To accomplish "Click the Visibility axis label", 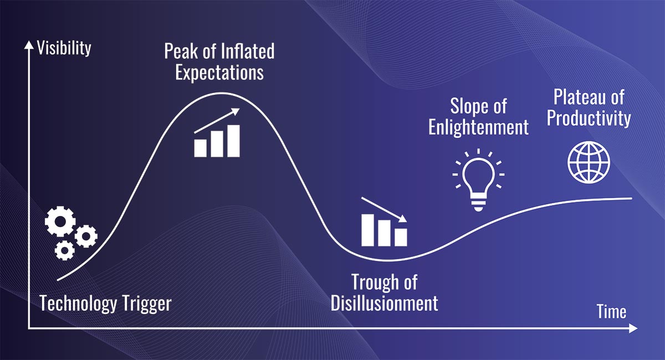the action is (x=64, y=49).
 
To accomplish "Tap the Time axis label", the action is (x=612, y=312).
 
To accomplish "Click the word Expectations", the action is (x=219, y=73).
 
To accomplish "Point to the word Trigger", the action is (x=147, y=304).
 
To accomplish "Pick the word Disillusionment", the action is (x=384, y=303).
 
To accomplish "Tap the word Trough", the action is (x=374, y=282).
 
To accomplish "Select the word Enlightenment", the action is (x=479, y=127).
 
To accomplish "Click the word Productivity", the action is (x=589, y=118).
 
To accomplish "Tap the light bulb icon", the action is (x=478, y=180).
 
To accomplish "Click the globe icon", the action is (x=589, y=162).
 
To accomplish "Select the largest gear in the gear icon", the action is (x=60, y=222).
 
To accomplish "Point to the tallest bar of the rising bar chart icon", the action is (x=233, y=141).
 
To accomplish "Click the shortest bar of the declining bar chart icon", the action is (x=401, y=237).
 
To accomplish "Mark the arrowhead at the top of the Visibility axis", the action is (x=29, y=44).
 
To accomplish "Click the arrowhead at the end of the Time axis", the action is (x=633, y=328).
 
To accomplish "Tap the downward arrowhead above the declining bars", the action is (x=403, y=219).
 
